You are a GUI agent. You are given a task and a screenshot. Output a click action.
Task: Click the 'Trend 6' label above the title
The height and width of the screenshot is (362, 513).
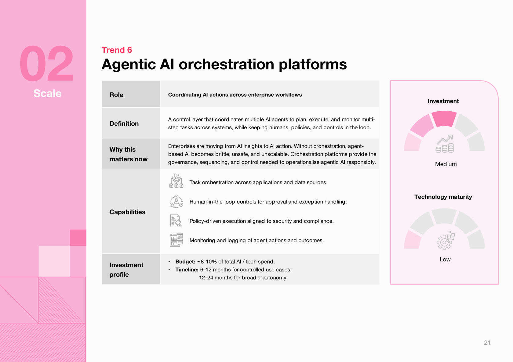pos(117,50)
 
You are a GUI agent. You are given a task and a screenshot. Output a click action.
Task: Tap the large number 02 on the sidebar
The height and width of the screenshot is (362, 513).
pos(46,64)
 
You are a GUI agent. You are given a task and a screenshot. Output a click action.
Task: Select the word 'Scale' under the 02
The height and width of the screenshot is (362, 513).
pos(47,93)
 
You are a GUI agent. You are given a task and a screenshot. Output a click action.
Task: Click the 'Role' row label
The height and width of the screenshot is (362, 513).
pos(116,95)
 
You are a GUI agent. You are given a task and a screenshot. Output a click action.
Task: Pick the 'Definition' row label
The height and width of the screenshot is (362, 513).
pos(124,124)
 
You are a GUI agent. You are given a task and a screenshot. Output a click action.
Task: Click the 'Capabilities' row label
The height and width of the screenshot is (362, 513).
pos(127,212)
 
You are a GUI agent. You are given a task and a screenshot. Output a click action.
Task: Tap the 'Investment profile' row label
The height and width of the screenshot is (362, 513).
pos(126,270)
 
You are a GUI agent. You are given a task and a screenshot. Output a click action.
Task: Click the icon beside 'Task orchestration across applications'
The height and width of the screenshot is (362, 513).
pos(176,181)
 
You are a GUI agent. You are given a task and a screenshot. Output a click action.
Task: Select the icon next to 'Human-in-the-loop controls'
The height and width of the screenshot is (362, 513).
pos(176,201)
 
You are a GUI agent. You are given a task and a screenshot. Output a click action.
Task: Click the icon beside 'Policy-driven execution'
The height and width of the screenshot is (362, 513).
pos(176,220)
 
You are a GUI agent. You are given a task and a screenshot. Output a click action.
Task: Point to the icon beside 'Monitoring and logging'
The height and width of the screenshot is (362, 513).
pos(176,240)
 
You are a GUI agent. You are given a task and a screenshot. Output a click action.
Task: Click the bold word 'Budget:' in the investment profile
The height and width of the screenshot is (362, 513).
pos(185,262)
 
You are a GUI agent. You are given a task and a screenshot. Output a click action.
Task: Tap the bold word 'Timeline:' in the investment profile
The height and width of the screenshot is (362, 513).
pos(187,270)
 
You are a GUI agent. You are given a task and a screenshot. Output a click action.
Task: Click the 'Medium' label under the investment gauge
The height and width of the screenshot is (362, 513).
pos(446,164)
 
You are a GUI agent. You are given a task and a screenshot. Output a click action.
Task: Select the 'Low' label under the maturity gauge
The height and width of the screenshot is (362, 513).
pos(445,260)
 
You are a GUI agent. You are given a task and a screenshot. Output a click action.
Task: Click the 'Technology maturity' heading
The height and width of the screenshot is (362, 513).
pos(443,197)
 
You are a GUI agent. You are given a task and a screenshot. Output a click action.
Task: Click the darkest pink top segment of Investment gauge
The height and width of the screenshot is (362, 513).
pos(444,119)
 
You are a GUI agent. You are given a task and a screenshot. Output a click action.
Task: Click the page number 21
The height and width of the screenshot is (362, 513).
pos(487,343)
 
